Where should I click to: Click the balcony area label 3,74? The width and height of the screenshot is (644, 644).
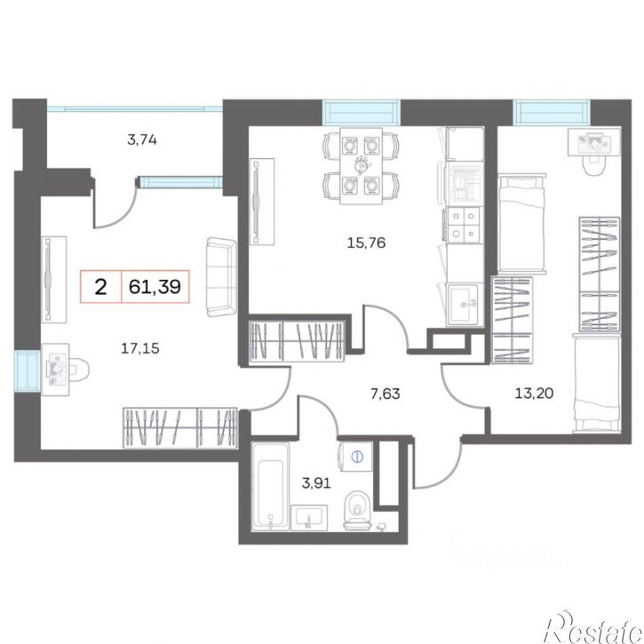pos(142,140)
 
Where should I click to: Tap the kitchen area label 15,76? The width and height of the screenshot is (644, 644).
pos(366,243)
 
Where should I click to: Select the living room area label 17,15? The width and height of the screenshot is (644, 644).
pos(140,349)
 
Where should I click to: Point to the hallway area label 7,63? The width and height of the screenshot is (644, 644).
pos(386,394)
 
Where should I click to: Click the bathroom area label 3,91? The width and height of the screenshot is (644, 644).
pos(316,483)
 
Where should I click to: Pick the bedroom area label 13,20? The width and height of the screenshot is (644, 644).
pos(535,394)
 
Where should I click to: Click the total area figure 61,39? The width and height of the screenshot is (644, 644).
pos(155,287)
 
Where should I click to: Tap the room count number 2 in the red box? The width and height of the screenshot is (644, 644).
pos(100,287)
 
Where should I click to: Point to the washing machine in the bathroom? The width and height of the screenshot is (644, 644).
pos(355,457)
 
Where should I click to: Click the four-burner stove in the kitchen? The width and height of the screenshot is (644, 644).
pos(464,224)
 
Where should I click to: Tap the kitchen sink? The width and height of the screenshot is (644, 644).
pos(464,305)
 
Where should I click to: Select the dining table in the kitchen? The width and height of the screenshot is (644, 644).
pos(361,166)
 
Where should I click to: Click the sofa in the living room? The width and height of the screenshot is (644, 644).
pos(222,277)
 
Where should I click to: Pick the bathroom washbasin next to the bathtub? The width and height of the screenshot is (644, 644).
pos(309,518)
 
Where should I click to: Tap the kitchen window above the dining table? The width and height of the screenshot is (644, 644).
pos(362,112)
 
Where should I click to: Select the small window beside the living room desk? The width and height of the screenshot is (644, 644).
pos(28,370)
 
